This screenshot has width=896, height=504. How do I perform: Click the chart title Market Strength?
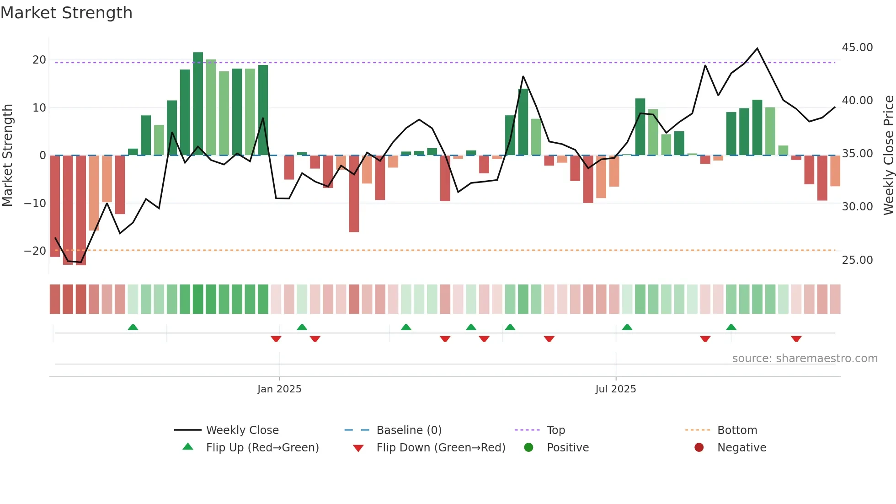tap(67, 13)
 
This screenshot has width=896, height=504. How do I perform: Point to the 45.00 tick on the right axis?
tap(857, 48)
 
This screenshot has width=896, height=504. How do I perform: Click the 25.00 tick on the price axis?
tap(857, 260)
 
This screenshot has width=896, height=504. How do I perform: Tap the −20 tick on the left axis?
tap(35, 251)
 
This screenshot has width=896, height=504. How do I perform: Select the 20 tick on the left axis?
tap(39, 60)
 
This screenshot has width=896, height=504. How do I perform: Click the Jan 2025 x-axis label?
tap(279, 389)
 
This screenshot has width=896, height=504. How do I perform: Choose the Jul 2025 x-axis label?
tap(615, 389)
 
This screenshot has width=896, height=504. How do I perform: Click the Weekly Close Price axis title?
tap(888, 155)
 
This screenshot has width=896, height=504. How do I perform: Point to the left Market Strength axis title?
tap(8, 155)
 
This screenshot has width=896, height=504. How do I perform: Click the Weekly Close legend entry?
tap(242, 430)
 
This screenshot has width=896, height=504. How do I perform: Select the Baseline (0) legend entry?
tap(409, 430)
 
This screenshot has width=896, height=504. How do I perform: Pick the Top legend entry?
tap(555, 430)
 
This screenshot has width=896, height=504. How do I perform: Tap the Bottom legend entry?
tap(737, 430)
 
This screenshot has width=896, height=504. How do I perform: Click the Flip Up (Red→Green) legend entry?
tap(262, 448)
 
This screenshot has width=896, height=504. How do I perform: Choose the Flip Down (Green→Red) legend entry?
tap(441, 448)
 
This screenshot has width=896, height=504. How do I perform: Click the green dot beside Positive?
tap(529, 448)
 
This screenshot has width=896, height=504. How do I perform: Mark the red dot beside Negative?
tap(699, 448)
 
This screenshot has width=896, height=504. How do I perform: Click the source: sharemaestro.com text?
tap(805, 359)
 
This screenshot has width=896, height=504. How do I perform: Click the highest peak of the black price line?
tap(757, 48)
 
